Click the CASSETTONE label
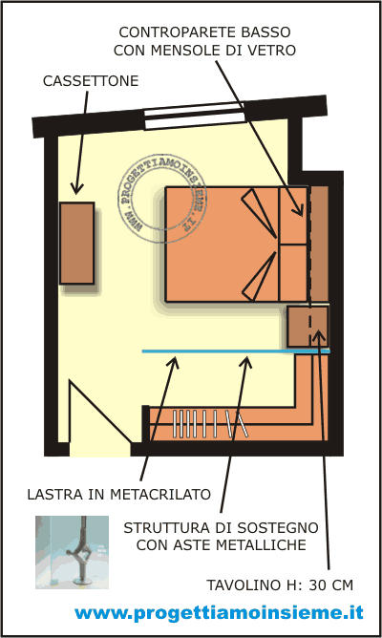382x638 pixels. point(91,80)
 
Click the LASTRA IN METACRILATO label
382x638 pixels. point(118,494)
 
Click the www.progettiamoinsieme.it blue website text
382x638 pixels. point(219,612)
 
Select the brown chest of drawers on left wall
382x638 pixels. point(77,243)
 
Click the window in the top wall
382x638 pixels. point(195,116)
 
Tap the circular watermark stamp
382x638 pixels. point(162,199)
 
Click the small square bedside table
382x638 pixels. point(308,327)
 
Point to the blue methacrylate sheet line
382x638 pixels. point(236,351)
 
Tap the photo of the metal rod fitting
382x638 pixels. point(72,552)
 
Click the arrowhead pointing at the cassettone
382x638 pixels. point(77,188)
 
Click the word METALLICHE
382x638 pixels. point(265,544)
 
